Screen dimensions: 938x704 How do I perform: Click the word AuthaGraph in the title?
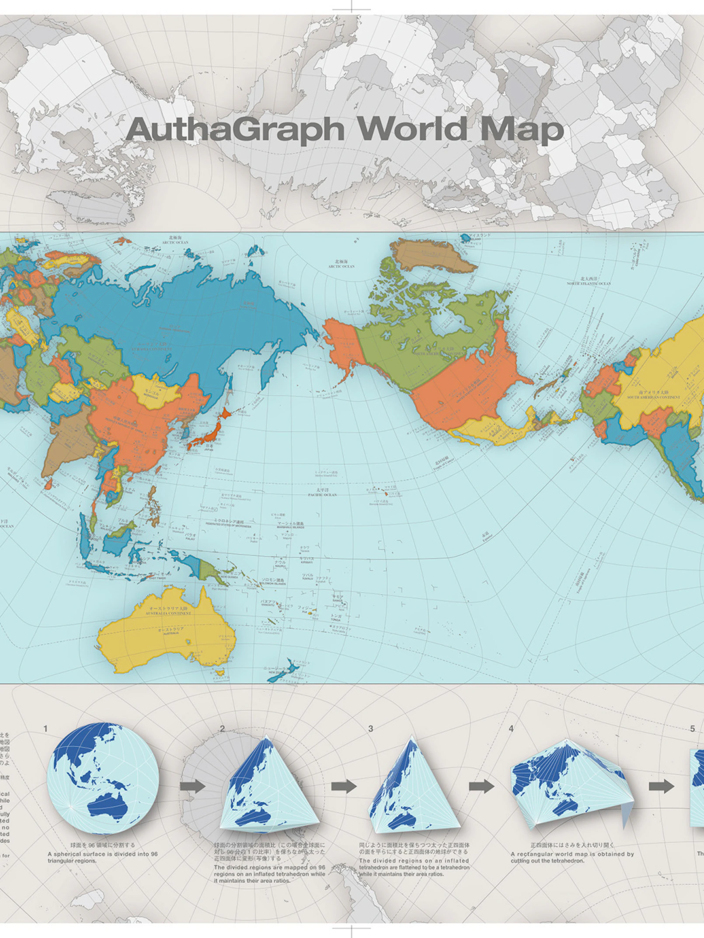tap(236, 129)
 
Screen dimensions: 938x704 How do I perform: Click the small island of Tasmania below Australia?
tap(220, 672)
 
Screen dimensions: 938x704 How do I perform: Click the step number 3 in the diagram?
tap(371, 729)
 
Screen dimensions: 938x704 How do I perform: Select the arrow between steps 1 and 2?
tap(192, 786)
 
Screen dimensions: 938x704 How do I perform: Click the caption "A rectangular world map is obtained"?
tap(572, 854)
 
